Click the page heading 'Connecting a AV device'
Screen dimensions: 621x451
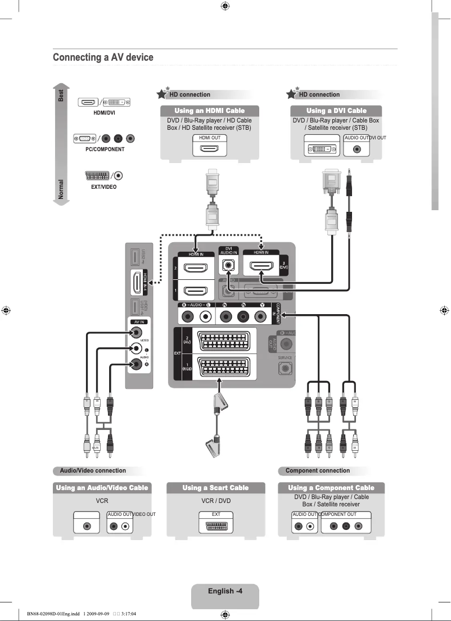point(103,58)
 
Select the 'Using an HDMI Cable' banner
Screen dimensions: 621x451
point(210,111)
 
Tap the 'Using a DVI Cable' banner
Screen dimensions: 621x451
point(336,111)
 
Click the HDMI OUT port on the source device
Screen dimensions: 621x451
point(210,149)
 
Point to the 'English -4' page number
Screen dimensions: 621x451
point(225,591)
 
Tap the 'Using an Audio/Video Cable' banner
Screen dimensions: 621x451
point(102,488)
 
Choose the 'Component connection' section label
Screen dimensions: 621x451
point(318,471)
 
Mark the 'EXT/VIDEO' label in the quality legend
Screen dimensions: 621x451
point(103,187)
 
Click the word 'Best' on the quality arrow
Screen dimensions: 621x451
point(61,96)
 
